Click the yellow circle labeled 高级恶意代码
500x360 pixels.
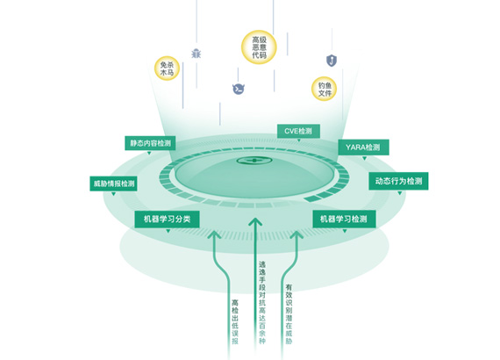click(259, 47)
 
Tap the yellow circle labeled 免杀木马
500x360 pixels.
click(167, 68)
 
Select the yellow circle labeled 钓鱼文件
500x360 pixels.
click(325, 89)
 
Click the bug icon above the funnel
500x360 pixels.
click(196, 54)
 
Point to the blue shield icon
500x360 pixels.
click(332, 61)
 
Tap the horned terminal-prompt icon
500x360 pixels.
click(239, 89)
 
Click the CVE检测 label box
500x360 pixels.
click(298, 131)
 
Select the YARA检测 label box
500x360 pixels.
click(363, 148)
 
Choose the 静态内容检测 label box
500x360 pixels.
click(150, 143)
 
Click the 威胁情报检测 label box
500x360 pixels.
click(113, 184)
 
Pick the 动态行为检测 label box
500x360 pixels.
click(398, 181)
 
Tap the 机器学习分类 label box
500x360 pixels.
click(167, 220)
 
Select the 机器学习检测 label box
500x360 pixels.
click(344, 219)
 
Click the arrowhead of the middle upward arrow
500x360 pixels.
click(255, 222)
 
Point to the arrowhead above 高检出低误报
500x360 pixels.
click(214, 234)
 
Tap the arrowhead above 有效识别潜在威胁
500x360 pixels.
click(296, 234)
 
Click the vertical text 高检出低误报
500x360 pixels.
click(235, 321)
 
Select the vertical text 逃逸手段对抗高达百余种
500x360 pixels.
click(261, 303)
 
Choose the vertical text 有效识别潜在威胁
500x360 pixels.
click(289, 314)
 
